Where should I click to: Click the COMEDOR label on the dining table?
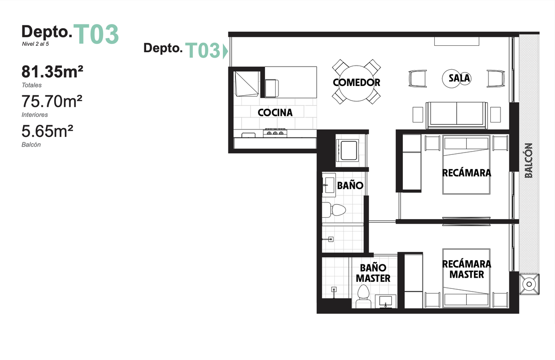(356, 82)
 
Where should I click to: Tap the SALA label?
(459, 78)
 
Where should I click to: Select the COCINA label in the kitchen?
(275, 113)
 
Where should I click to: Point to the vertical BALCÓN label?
(529, 160)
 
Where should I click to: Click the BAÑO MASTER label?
(373, 273)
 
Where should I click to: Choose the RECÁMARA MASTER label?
(467, 269)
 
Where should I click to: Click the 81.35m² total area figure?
(52, 72)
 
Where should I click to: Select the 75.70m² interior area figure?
(52, 101)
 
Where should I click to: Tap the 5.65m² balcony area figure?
(47, 131)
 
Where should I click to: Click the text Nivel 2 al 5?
(36, 44)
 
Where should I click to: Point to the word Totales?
(31, 85)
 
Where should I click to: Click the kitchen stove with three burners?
(275, 133)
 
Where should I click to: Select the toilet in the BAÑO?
(334, 210)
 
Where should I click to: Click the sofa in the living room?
(456, 115)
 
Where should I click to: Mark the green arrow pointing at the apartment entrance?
(225, 51)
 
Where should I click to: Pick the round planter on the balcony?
(529, 284)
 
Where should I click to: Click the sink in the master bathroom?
(386, 301)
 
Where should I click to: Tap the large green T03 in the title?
(96, 34)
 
